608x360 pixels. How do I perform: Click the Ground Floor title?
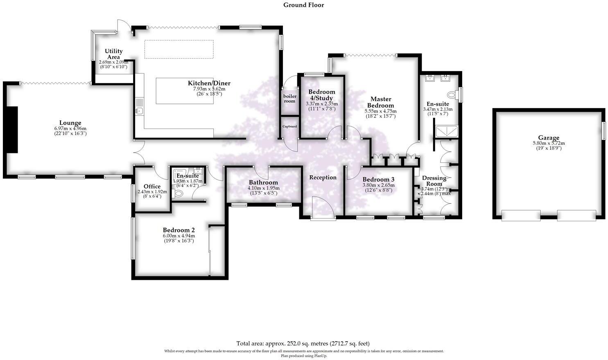point(304,5)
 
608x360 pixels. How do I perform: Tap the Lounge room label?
point(70,123)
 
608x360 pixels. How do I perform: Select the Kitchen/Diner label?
point(209,83)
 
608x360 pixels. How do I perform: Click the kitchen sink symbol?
point(139,107)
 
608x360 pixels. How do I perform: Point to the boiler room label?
point(290,99)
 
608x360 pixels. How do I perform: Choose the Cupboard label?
point(289,126)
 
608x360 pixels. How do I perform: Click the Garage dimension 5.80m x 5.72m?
point(549,143)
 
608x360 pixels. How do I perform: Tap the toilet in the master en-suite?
point(452,95)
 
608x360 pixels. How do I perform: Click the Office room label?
point(152,187)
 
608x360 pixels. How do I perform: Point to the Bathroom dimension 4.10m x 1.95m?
point(263,188)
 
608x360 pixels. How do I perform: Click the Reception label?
point(323,178)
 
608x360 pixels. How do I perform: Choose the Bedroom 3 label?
point(378,180)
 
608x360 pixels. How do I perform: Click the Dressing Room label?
point(434,181)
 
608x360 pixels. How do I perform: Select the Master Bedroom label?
point(380,102)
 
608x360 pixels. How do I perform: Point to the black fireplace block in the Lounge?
point(11,129)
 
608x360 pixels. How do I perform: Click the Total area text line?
point(303,344)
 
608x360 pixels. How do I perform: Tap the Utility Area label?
point(113,54)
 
